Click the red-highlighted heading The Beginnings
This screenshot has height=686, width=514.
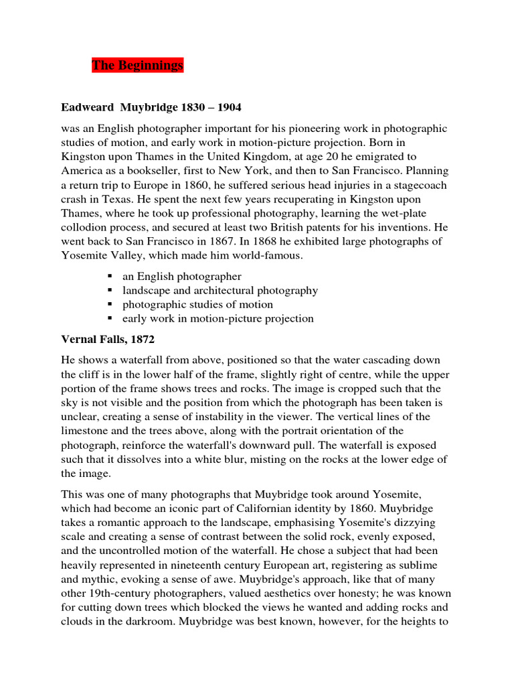[137, 65]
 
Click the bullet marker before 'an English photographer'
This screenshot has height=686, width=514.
[108, 276]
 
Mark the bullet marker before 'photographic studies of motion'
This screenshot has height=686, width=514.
[108, 304]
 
